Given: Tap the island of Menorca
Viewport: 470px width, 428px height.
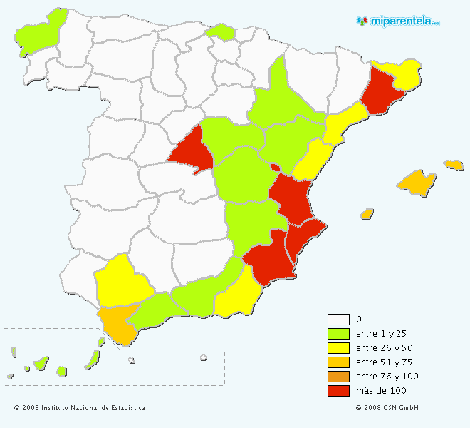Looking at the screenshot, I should tap(454, 165).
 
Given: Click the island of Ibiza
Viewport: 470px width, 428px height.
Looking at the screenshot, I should tap(367, 213).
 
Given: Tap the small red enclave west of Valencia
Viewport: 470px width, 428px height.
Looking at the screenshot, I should tap(274, 168).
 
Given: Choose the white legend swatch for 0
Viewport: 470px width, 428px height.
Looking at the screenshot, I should tap(338, 320).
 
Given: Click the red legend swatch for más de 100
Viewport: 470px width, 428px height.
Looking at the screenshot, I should tap(338, 391).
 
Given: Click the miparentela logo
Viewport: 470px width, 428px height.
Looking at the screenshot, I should tap(399, 21).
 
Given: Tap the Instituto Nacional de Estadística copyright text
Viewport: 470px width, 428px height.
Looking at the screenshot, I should tap(79, 408).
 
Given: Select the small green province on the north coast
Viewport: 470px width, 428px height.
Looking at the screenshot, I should tap(220, 31).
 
